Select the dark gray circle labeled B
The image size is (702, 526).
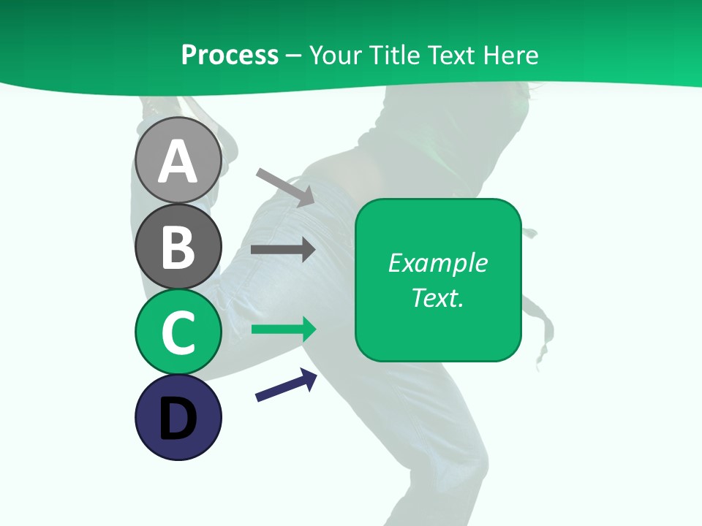pyautogui.click(x=178, y=246)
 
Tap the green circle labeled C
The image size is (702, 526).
pyautogui.click(x=178, y=332)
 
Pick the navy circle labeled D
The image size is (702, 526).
pyautogui.click(x=178, y=417)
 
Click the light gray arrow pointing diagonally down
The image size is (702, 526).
pyautogui.click(x=285, y=187)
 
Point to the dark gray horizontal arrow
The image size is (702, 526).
pyautogui.click(x=283, y=250)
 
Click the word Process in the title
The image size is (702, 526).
pyautogui.click(x=230, y=55)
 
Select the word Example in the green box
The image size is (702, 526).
pyautogui.click(x=437, y=263)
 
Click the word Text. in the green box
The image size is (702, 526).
pyautogui.click(x=437, y=297)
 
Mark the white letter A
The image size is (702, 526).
pyautogui.click(x=178, y=161)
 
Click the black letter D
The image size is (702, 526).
pyautogui.click(x=178, y=419)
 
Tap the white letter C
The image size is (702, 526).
pyautogui.click(x=178, y=332)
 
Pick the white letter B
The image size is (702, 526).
pyautogui.click(x=178, y=247)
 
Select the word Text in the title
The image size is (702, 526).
pyautogui.click(x=449, y=55)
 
